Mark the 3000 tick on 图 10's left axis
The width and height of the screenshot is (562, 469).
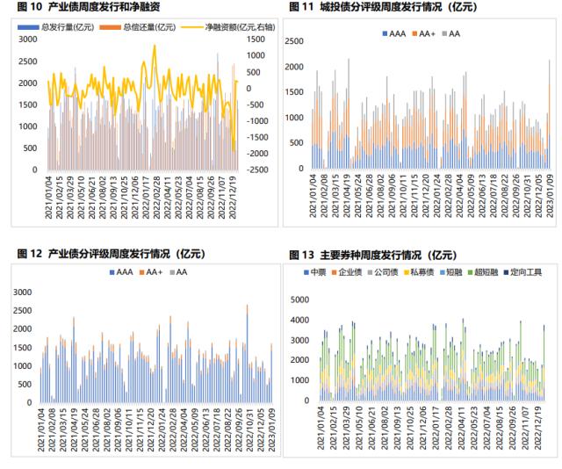pyautogui.click(x=28, y=40)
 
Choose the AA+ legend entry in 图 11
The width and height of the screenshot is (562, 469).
pyautogui.click(x=424, y=34)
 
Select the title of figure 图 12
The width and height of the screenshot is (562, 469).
pyautogui.click(x=110, y=254)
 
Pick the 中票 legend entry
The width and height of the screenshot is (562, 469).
pyautogui.click(x=315, y=273)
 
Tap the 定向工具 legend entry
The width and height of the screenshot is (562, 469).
pyautogui.click(x=524, y=273)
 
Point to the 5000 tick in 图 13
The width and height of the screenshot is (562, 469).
pyautogui.click(x=299, y=299)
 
